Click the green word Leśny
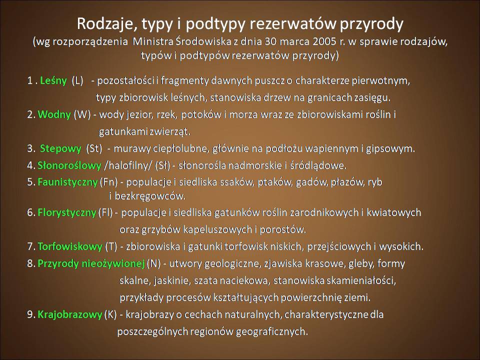(53, 81)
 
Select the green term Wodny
(54, 114)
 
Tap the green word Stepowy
(60, 149)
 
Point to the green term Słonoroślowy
(69, 165)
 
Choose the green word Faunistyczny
(67, 182)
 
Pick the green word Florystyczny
(66, 213)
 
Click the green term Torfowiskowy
(70, 246)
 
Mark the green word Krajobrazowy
(70, 314)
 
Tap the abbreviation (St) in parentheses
(94, 149)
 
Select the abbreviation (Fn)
(108, 182)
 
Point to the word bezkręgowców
(150, 196)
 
